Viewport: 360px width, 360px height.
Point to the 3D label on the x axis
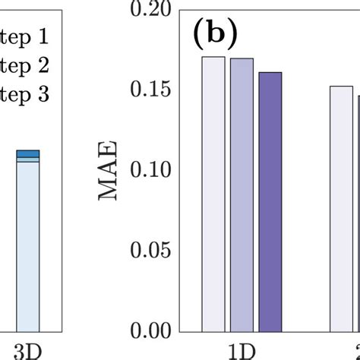coord(27,351)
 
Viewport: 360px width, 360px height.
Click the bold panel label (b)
coord(216,33)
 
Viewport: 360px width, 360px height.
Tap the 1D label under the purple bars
coord(242,351)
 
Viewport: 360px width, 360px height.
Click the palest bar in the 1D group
coord(213,194)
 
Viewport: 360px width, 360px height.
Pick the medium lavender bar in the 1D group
coord(242,195)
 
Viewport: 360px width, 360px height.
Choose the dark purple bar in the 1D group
coord(270,202)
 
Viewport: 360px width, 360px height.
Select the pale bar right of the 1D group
coord(342,209)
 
